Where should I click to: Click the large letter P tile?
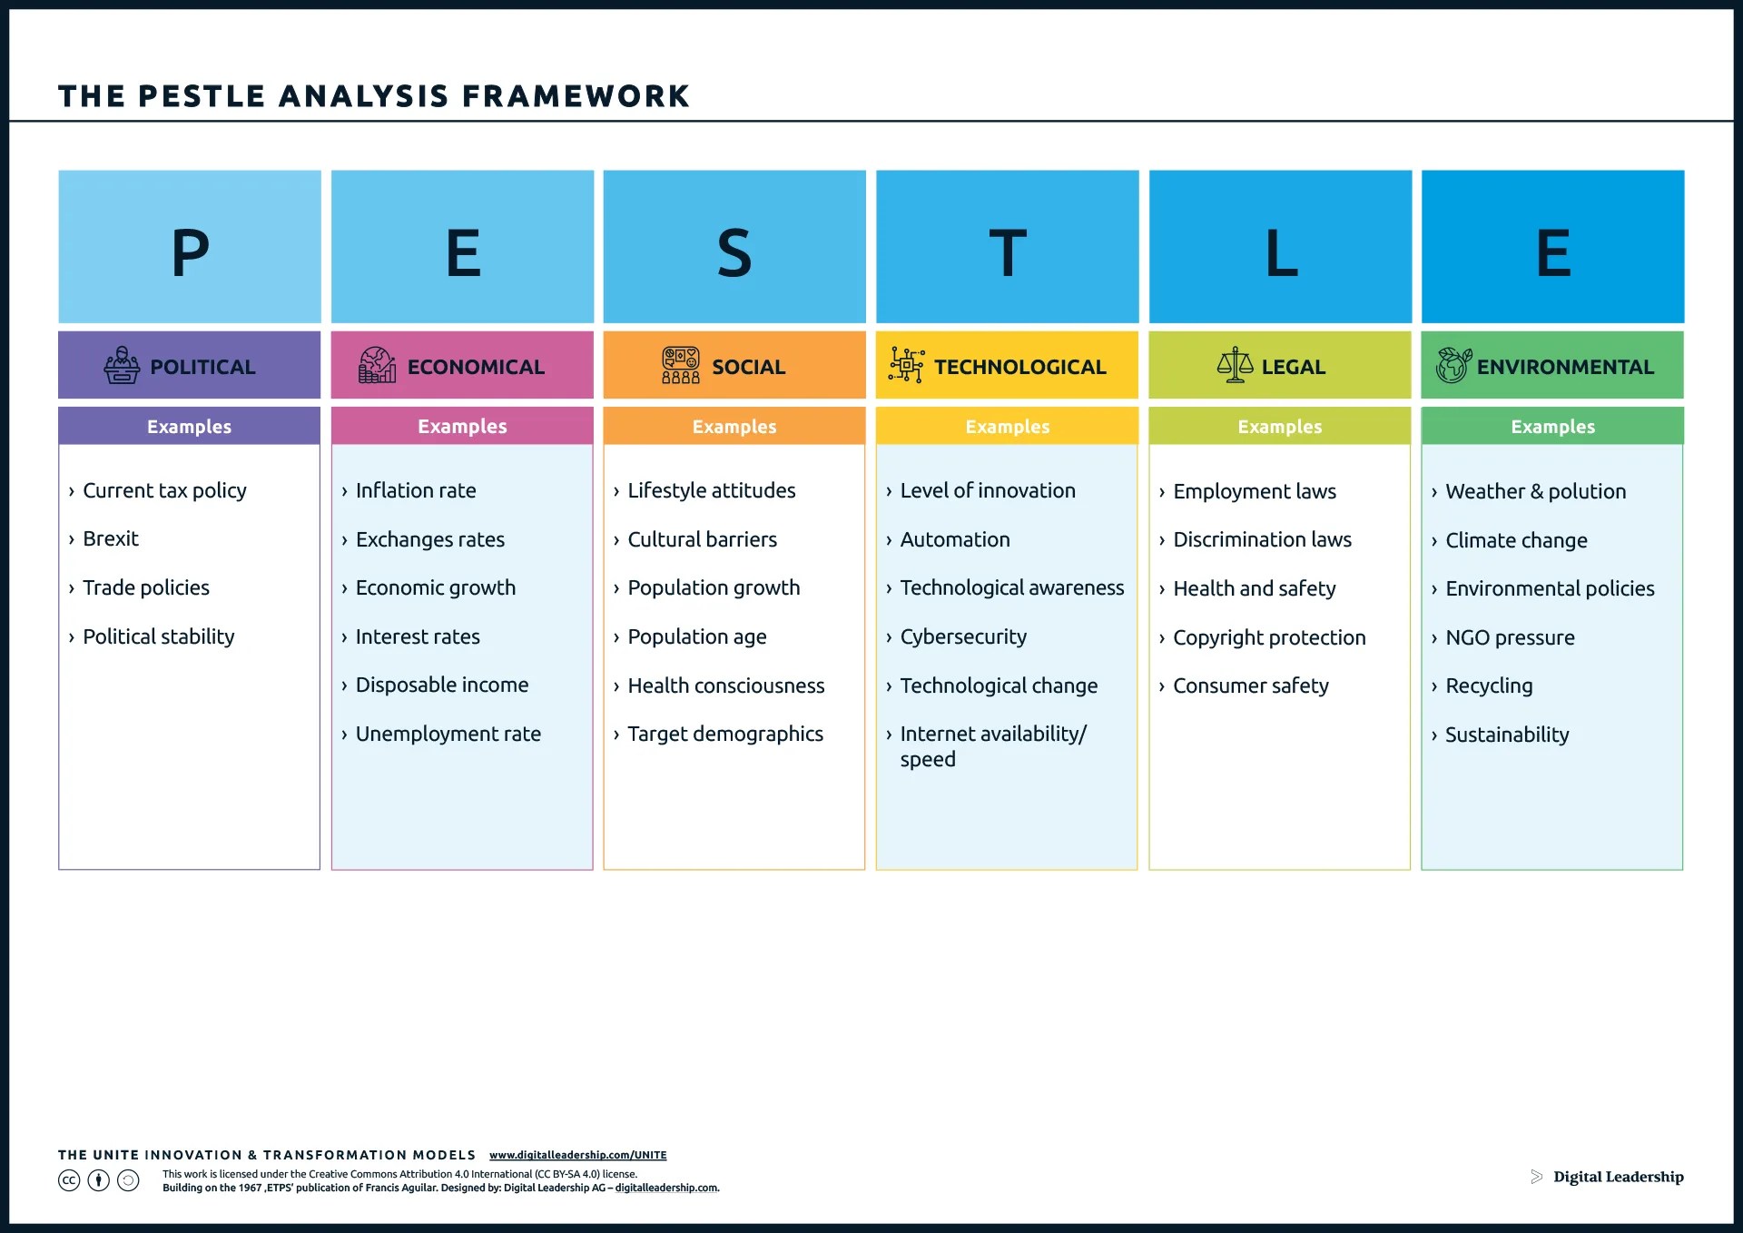tap(190, 247)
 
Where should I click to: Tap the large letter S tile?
tap(734, 247)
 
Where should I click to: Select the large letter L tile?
tap(1280, 247)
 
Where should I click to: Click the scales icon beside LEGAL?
tap(1235, 365)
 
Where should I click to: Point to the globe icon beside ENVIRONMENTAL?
tap(1452, 365)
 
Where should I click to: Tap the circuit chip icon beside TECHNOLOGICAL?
tap(906, 365)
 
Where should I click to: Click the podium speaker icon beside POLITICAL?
tap(122, 365)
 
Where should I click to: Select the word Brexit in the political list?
tap(111, 538)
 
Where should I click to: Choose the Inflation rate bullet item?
tap(415, 490)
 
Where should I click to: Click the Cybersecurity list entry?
tap(963, 636)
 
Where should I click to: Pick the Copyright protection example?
tap(1269, 637)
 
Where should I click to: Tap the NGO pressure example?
tap(1510, 637)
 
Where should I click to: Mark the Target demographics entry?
tap(725, 734)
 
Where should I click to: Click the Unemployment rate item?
tap(448, 734)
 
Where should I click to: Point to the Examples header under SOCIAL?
tap(734, 427)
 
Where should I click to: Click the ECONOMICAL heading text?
tap(476, 367)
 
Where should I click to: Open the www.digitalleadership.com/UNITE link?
tap(577, 1155)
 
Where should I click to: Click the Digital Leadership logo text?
tap(1618, 1177)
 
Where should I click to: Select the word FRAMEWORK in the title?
tap(576, 96)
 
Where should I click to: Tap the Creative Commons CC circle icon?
tap(69, 1180)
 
